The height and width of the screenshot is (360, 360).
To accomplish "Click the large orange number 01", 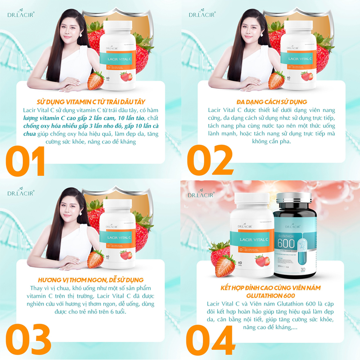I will click(x=25, y=161).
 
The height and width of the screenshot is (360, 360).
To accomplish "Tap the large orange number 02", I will click(x=210, y=161).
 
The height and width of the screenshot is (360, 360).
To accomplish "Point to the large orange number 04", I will click(x=210, y=341).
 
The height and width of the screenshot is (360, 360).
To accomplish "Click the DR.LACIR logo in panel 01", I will click(x=21, y=14).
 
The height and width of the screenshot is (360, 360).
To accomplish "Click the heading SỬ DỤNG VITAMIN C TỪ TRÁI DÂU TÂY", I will click(x=91, y=102).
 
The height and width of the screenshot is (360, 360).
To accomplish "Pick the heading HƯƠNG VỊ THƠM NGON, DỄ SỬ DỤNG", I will click(x=91, y=280).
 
